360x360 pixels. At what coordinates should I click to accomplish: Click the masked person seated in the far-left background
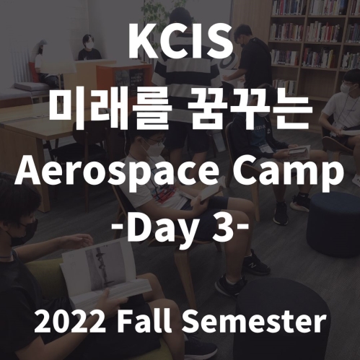coord(89,49)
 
